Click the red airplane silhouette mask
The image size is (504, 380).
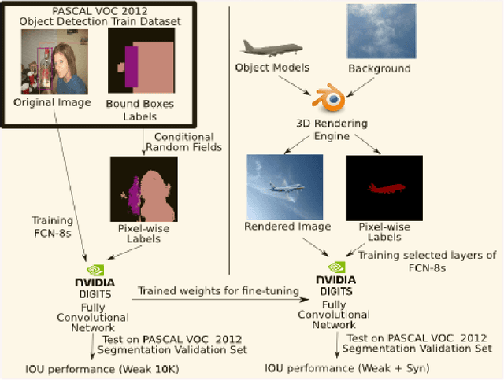384,188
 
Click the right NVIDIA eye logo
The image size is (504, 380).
337,267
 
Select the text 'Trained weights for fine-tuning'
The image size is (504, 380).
219,290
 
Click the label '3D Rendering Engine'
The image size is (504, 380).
331,130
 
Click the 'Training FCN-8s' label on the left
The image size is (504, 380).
52,226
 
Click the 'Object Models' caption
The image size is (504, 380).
271,68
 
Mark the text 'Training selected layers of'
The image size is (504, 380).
427,254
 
